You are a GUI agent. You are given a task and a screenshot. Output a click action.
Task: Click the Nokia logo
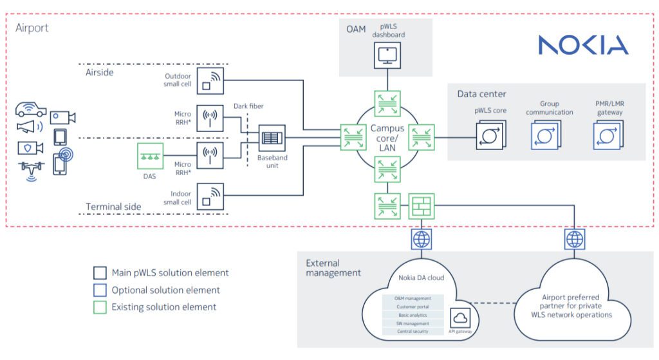tap(583, 44)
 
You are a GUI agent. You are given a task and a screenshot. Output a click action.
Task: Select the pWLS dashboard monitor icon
tap(387, 56)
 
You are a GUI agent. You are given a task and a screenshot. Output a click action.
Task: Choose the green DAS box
tap(150, 156)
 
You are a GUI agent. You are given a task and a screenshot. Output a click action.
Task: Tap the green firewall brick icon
tap(421, 206)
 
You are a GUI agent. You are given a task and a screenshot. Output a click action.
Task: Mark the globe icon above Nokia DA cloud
tap(421, 240)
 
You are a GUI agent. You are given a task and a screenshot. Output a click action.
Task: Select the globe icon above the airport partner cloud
tap(574, 240)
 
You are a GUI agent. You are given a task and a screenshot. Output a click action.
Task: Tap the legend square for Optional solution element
tap(99, 290)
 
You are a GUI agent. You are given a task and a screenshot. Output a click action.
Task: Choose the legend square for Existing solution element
tap(99, 307)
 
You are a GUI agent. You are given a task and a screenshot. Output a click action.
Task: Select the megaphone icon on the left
tap(29, 126)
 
